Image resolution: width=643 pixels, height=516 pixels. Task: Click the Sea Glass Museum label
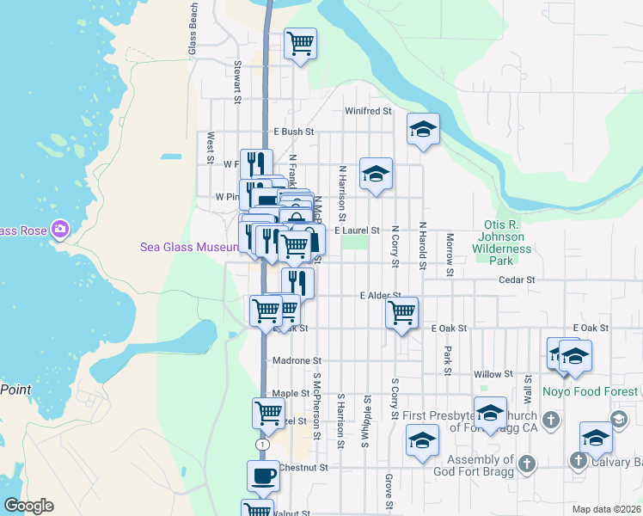pyautogui.click(x=189, y=248)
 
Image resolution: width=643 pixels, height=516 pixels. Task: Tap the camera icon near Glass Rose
pyautogui.click(x=60, y=230)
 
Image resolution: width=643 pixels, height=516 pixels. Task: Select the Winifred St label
pyautogui.click(x=368, y=112)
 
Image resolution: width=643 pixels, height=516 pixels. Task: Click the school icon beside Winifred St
pyautogui.click(x=423, y=130)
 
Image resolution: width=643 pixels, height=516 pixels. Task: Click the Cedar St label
pyautogui.click(x=517, y=280)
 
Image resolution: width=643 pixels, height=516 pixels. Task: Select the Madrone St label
pyautogui.click(x=297, y=361)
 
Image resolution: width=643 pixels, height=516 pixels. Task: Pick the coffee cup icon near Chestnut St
pyautogui.click(x=264, y=476)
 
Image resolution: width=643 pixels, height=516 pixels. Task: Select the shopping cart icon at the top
pyautogui.click(x=300, y=43)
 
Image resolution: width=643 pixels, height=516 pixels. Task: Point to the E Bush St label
pyautogui.click(x=293, y=132)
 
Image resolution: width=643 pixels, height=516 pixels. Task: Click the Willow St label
pyautogui.click(x=493, y=375)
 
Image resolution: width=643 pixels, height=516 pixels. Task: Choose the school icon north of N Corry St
pyautogui.click(x=376, y=175)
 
